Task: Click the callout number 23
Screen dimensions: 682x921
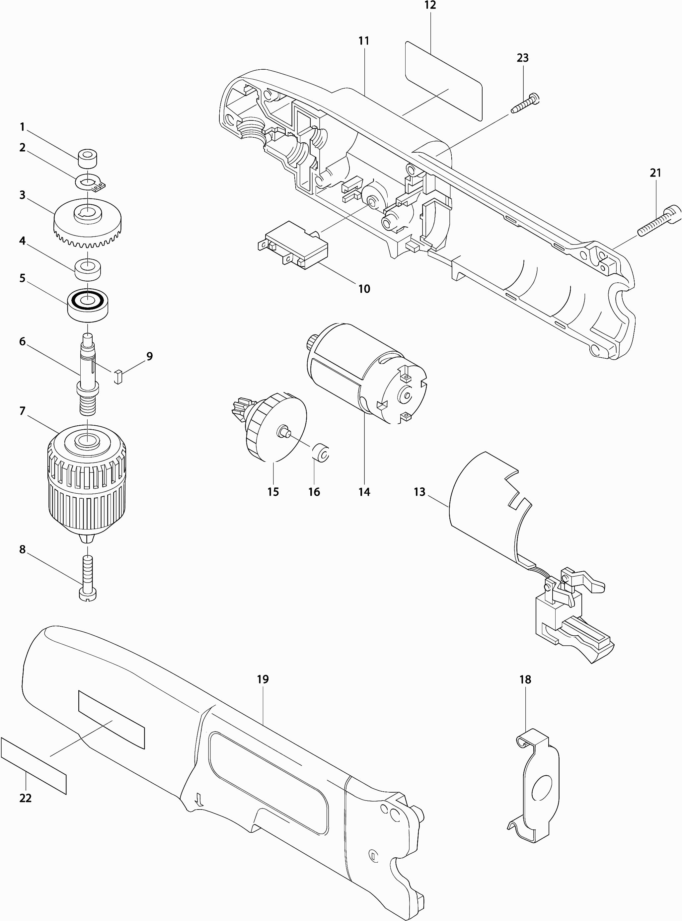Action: pos(523,58)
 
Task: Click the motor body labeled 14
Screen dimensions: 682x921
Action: pos(367,374)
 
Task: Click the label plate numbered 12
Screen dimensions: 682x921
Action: pos(444,81)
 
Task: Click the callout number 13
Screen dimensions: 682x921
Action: pos(419,492)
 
